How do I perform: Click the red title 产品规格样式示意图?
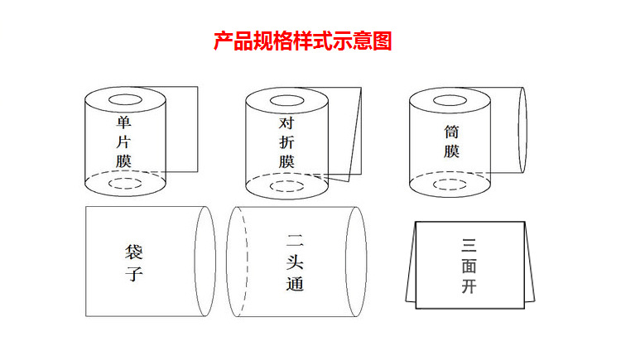point(302,41)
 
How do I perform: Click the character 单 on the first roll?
point(123,122)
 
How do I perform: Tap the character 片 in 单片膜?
point(123,142)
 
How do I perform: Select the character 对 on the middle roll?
point(286,123)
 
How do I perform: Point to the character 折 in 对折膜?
point(286,142)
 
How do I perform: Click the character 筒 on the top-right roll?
point(451,132)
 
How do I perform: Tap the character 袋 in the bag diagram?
point(134,252)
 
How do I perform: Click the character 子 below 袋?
point(134,274)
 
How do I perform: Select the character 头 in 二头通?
point(295,263)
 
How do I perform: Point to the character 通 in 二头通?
point(295,284)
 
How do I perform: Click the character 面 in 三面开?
point(469,266)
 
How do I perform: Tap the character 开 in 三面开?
point(469,286)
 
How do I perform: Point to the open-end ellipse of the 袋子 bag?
point(195,262)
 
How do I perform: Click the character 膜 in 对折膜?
point(286,161)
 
